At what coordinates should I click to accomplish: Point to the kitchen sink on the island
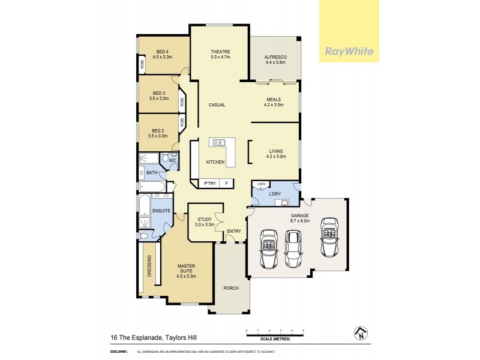[217, 143]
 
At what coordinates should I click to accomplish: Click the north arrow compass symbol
[358, 332]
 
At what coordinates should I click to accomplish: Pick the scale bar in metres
[275, 332]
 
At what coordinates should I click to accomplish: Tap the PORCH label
[230, 288]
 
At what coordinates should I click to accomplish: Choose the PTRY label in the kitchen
[209, 183]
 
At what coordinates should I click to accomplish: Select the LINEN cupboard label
[260, 184]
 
